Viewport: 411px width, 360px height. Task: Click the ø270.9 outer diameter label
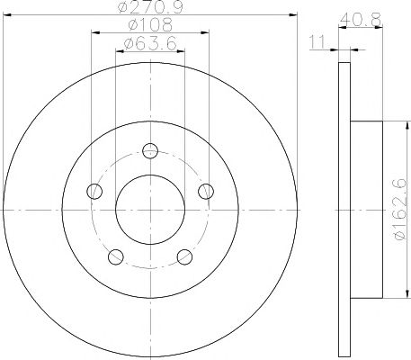(x=150, y=6)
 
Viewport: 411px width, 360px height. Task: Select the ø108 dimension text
(x=150, y=24)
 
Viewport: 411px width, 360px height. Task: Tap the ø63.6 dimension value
(x=150, y=44)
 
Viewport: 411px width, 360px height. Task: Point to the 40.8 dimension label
(x=361, y=20)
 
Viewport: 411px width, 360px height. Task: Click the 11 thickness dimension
(x=317, y=41)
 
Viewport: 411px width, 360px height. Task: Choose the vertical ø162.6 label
(x=400, y=210)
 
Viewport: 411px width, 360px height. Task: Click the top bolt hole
(x=150, y=151)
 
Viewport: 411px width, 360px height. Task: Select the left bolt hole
(x=94, y=191)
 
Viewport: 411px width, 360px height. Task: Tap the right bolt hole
(x=206, y=191)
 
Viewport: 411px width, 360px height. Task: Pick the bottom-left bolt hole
(x=116, y=256)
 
